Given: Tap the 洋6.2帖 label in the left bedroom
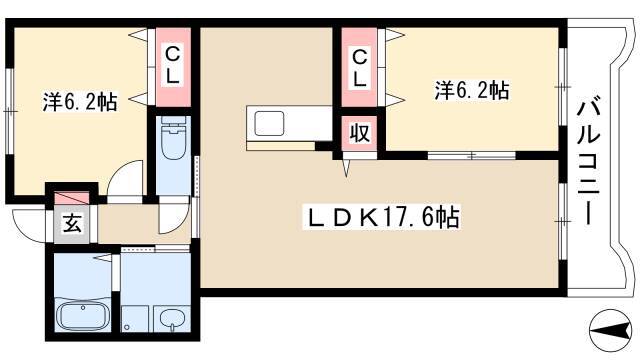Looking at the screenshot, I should pos(80,101).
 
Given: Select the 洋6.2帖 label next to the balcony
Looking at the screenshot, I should pos(472,91).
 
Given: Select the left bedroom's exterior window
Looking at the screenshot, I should pos(10,99).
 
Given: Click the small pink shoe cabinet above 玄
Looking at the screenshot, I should pos(70,200).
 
